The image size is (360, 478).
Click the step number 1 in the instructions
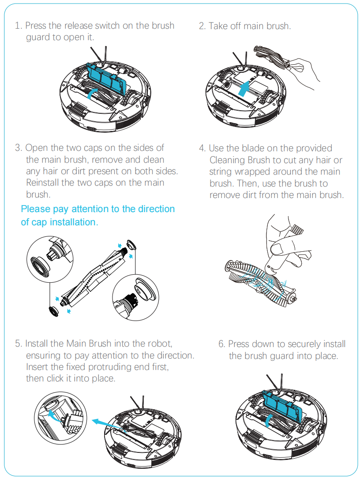17,26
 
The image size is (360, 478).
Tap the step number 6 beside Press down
221,344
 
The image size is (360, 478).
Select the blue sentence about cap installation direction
97,215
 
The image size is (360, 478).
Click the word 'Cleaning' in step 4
228,160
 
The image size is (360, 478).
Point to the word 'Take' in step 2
218,26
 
